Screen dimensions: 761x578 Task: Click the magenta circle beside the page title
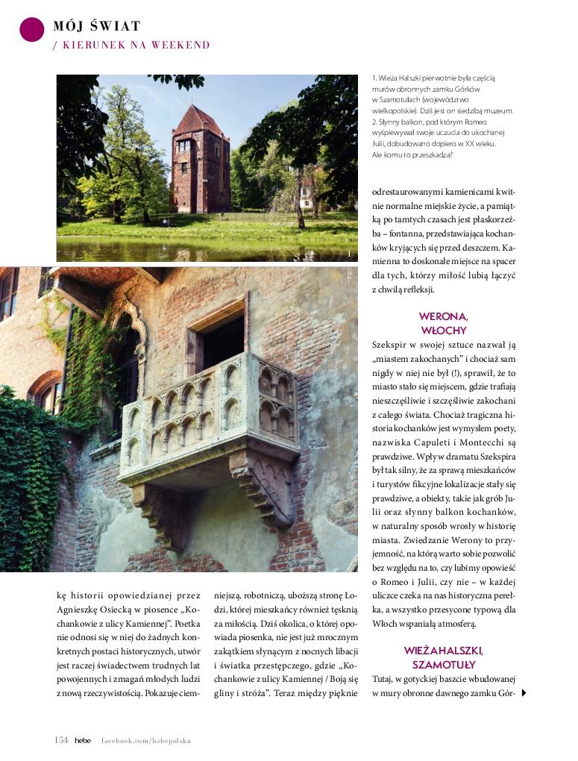pyautogui.click(x=32, y=29)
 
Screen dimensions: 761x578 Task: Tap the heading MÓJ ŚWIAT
pyautogui.click(x=97, y=27)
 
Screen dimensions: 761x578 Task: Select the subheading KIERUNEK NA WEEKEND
pyautogui.click(x=135, y=46)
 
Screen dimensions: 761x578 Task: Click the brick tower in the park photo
pyautogui.click(x=200, y=164)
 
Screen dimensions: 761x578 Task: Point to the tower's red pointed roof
pyautogui.click(x=198, y=119)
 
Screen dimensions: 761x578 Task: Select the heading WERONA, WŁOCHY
pyautogui.click(x=443, y=323)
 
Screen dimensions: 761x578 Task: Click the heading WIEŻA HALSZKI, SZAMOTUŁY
pyautogui.click(x=444, y=657)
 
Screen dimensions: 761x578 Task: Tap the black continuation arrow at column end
pyautogui.click(x=524, y=693)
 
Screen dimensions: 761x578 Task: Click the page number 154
pyautogui.click(x=61, y=740)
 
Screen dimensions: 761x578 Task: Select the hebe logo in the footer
pyautogui.click(x=82, y=740)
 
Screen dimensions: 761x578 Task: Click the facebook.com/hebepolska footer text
pyautogui.click(x=146, y=741)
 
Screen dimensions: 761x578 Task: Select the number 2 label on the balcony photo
pyautogui.click(x=349, y=276)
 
